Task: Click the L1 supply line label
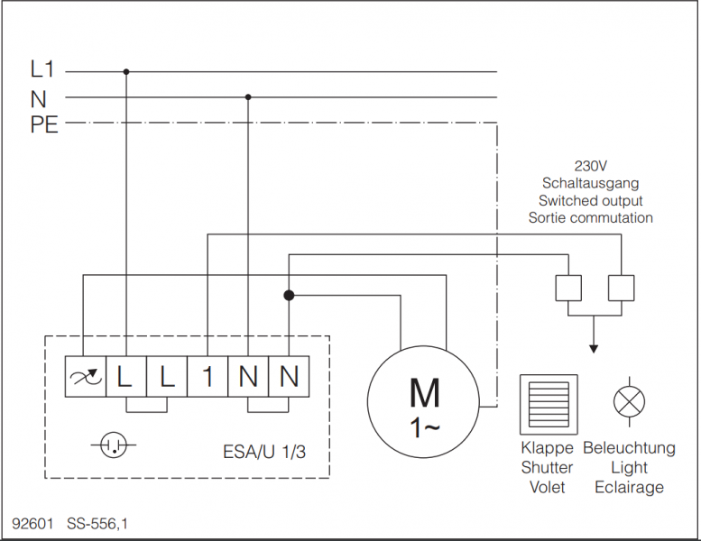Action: [x=42, y=70]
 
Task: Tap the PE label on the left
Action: [x=44, y=125]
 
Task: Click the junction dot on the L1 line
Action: [x=126, y=71]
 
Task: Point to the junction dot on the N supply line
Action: [x=248, y=96]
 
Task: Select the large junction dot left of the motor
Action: [x=289, y=295]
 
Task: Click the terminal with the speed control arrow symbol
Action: [x=83, y=377]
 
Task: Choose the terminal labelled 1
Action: [x=208, y=377]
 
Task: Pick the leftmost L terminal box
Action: [x=125, y=377]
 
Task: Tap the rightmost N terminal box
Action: [x=289, y=377]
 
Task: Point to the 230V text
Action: [x=591, y=166]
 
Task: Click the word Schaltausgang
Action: [x=591, y=183]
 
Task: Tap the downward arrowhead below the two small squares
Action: [x=593, y=348]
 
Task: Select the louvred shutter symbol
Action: [x=547, y=403]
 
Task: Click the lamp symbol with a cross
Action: [x=628, y=401]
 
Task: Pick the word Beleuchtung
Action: [x=629, y=448]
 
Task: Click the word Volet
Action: [x=547, y=487]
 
